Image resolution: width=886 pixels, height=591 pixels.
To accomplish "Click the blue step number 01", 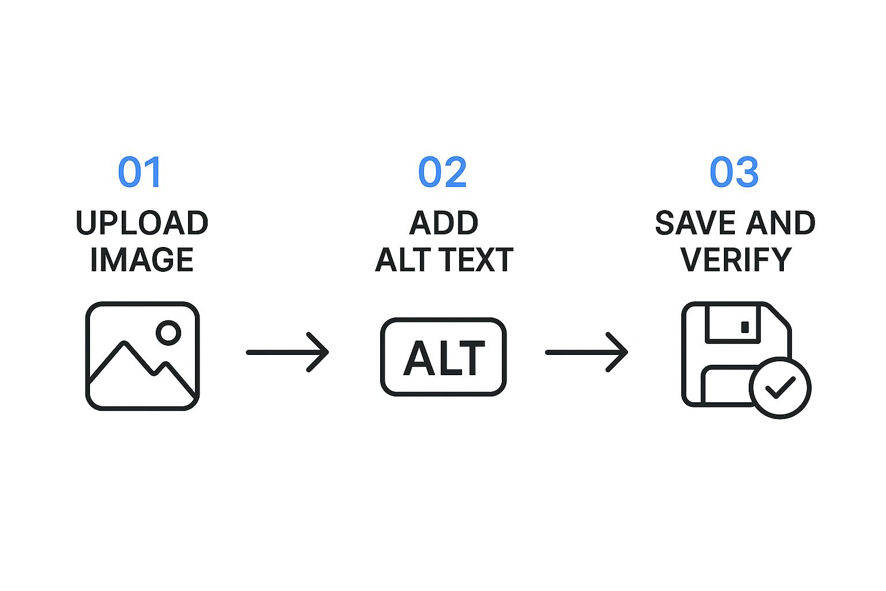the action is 139,172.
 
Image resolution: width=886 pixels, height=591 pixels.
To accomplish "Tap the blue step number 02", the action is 442,172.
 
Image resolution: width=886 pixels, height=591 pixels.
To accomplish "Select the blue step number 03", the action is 734,172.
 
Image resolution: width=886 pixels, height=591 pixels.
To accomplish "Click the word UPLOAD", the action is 142,223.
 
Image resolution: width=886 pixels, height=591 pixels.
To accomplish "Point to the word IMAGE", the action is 142,260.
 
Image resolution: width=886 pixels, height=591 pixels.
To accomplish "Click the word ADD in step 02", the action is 444,223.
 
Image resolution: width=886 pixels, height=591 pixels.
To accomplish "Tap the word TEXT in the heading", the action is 478,260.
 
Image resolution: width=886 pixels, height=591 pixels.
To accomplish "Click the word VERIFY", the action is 735,260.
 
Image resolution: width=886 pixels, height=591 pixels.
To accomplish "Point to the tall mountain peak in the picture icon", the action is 125,343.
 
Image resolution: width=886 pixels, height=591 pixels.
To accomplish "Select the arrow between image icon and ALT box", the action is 288,352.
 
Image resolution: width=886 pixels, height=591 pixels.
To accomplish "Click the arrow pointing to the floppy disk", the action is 587,352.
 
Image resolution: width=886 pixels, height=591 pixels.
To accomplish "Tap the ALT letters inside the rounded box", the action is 444,358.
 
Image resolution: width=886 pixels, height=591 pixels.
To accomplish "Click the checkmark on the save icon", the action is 780,387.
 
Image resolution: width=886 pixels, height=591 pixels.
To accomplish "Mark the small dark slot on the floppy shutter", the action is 745,327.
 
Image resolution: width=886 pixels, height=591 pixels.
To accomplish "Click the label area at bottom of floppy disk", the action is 726,386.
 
